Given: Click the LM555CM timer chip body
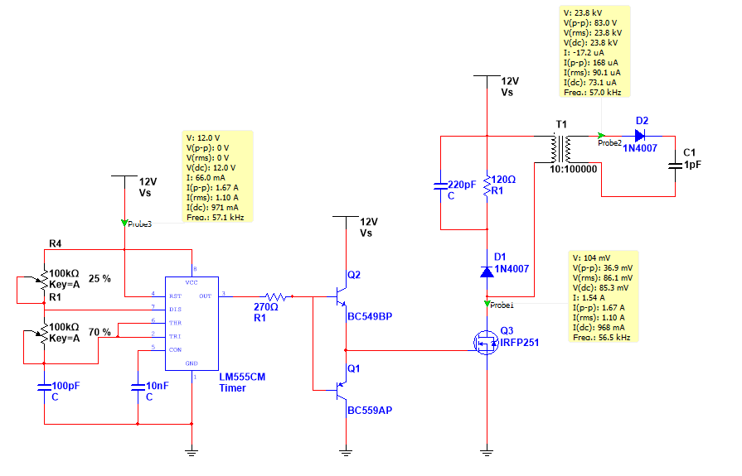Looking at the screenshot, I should click(192, 323).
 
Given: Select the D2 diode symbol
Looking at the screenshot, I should click(641, 135).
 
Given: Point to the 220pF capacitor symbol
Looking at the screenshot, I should click(440, 184).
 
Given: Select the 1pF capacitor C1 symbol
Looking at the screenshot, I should click(675, 166).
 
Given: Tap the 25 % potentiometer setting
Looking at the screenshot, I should click(99, 279).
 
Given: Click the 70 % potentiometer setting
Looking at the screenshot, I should click(99, 332).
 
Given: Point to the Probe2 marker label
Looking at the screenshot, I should click(612, 142).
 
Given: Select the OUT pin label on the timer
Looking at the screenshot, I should click(204, 295).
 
